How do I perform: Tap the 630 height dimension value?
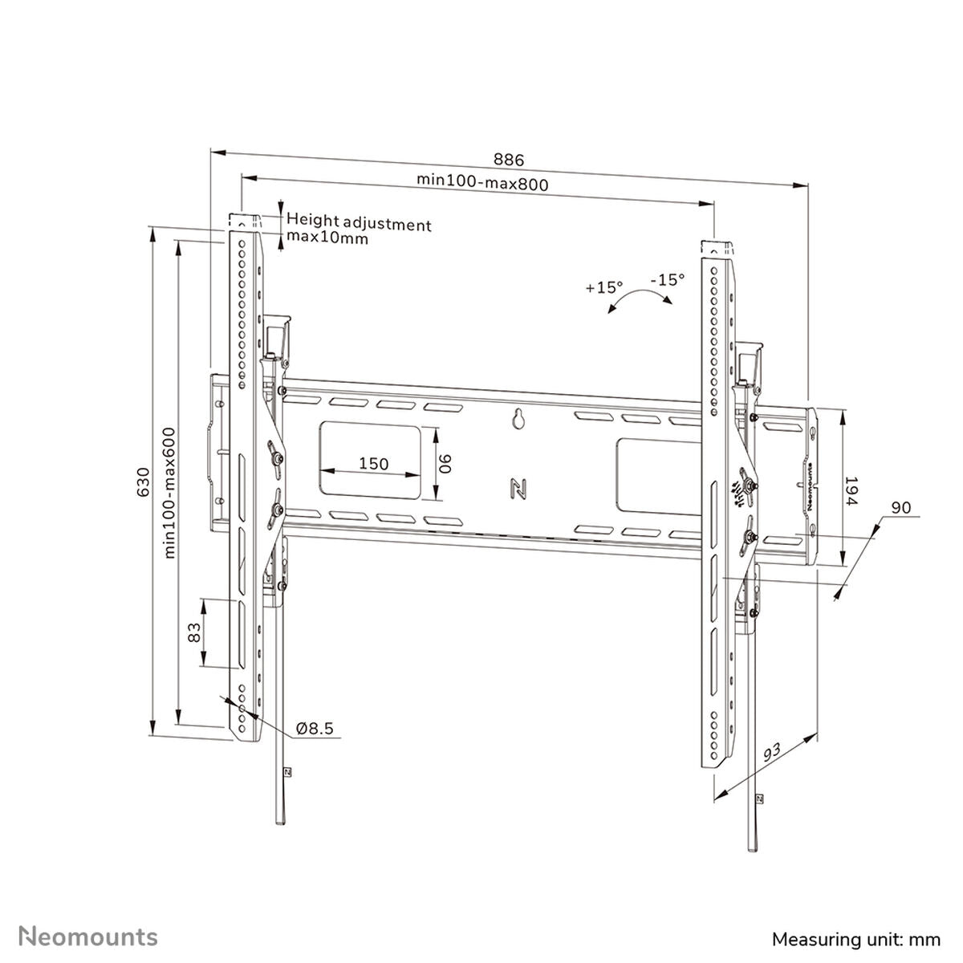143,481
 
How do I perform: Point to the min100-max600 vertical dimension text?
170,492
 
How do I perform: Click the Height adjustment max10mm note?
358,230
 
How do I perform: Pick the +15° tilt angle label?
603,287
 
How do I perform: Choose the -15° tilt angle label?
668,279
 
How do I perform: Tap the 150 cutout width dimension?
373,463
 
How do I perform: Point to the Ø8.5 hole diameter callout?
315,729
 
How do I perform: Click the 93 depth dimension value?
772,753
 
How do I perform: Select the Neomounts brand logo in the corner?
88,936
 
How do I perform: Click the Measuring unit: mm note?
855,938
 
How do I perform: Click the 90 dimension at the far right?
900,508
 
